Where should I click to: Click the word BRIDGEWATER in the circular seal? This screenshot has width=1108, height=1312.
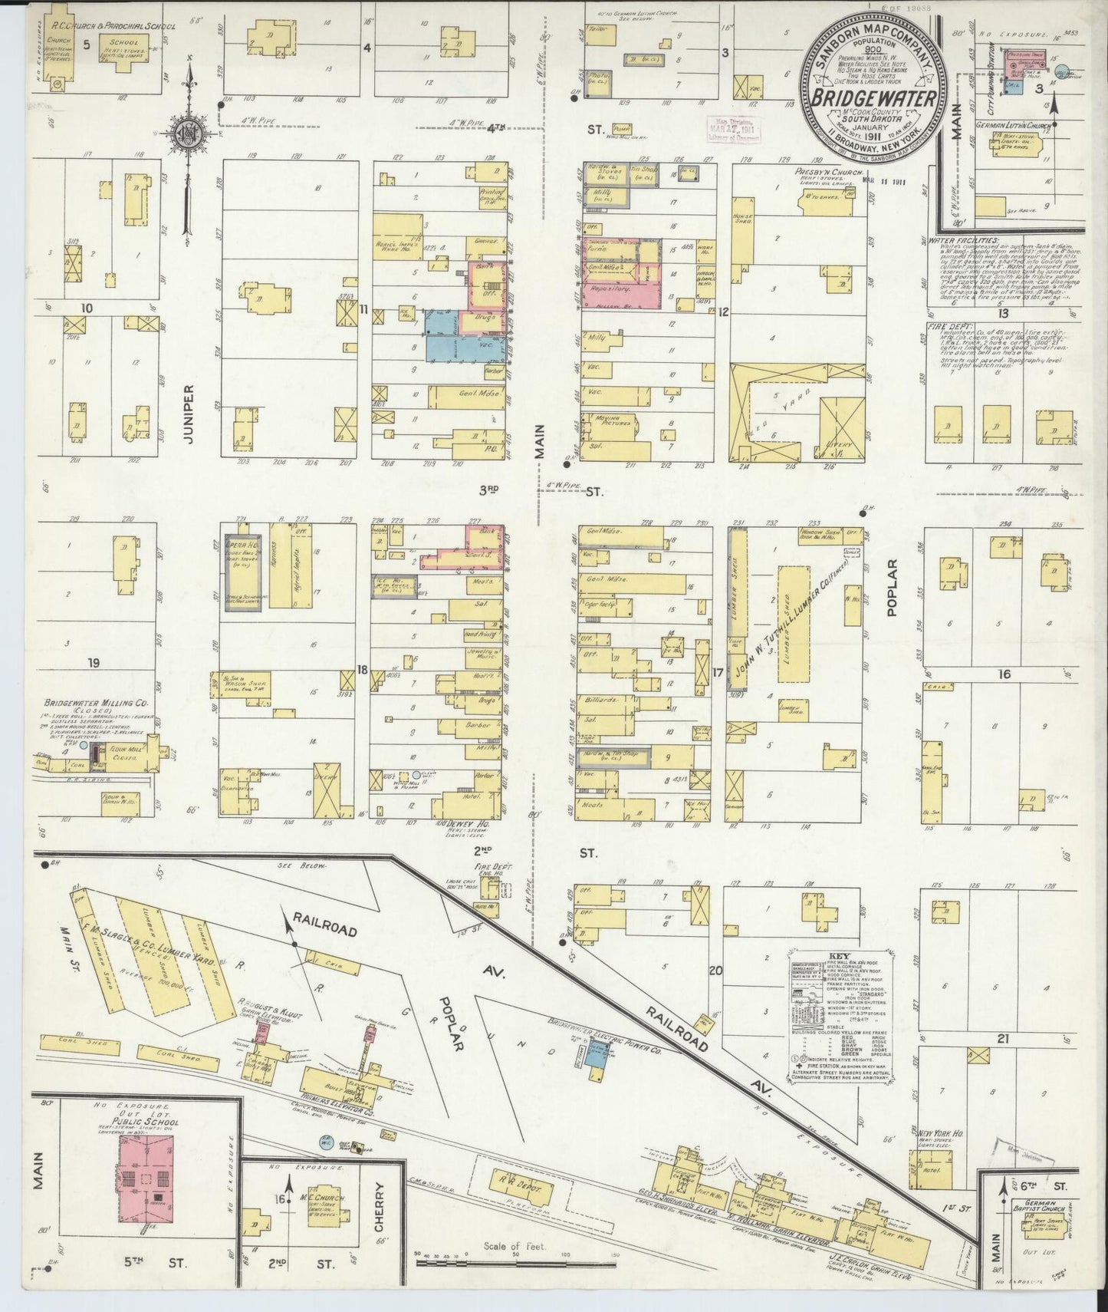[873, 99]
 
